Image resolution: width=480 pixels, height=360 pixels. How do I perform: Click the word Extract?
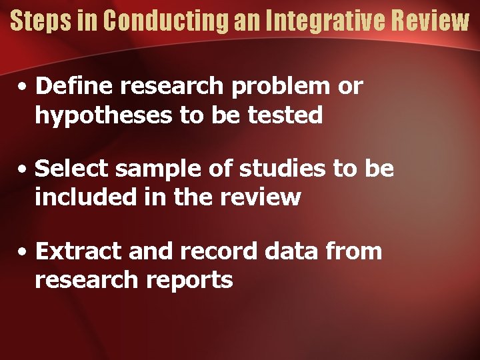79,251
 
